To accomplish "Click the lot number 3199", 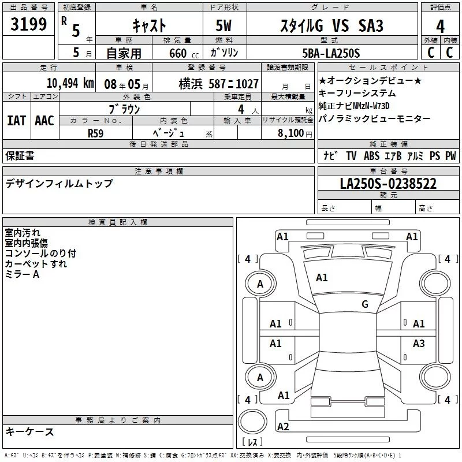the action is tap(28, 24).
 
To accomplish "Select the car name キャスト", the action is tap(150, 25).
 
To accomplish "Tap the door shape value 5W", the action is tap(225, 25).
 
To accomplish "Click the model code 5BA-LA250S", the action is tap(331, 53).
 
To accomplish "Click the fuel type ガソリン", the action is tap(226, 53).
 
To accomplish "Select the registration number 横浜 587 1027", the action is tap(219, 83).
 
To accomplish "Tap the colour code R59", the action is tap(96, 132).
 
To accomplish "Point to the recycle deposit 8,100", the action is tap(290, 132).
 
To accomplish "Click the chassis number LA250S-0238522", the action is tap(388, 184).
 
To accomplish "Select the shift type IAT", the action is tap(17, 121).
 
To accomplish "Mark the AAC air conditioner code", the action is tap(44, 121).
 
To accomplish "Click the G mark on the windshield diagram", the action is tap(364, 304).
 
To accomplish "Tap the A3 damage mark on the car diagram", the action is tap(419, 344).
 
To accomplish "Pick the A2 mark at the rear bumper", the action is tap(283, 427).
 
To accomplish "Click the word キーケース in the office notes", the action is tap(30, 431).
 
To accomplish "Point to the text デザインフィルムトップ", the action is tap(59, 184).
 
